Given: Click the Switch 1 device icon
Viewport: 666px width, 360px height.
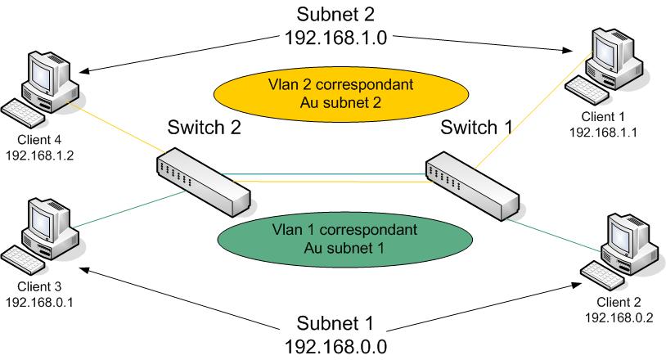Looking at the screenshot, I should click(x=470, y=184).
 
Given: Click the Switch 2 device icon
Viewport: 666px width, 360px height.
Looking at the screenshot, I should click(x=200, y=173).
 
